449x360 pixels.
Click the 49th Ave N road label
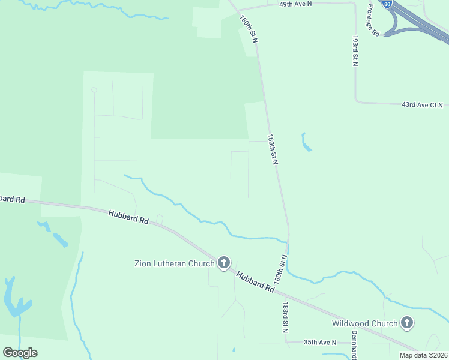click(x=295, y=4)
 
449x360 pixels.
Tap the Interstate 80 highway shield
click(x=388, y=4)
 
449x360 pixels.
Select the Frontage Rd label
click(x=373, y=20)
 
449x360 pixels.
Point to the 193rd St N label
click(x=355, y=50)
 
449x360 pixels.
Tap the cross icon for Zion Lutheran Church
click(x=224, y=262)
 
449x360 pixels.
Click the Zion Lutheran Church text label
click(x=174, y=263)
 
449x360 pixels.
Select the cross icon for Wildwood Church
click(x=407, y=323)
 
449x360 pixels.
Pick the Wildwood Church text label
click(x=365, y=324)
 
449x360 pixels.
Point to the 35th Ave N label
click(x=320, y=342)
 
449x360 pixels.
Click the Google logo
click(x=20, y=353)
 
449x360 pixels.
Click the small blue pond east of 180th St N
click(x=306, y=142)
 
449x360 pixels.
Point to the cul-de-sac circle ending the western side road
click(x=94, y=90)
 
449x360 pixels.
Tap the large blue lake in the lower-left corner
click(x=16, y=300)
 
